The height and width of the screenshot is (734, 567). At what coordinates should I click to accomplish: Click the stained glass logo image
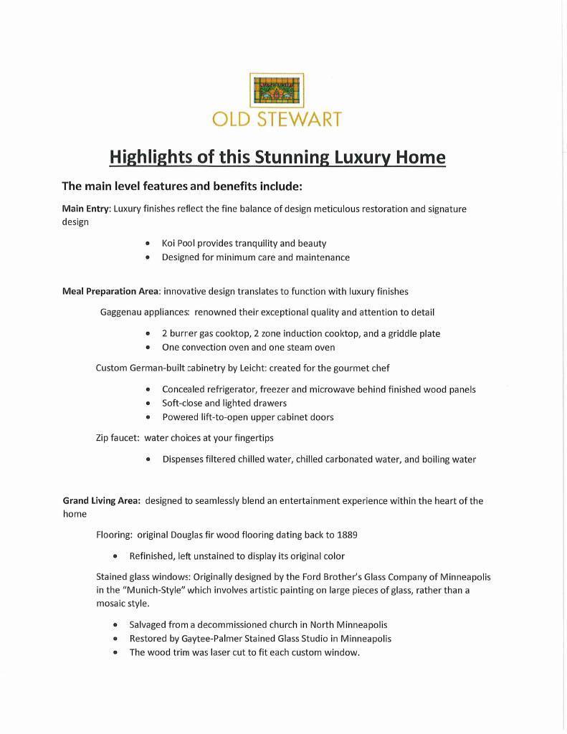(x=277, y=90)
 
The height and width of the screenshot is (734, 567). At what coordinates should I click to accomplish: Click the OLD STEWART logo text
(x=277, y=119)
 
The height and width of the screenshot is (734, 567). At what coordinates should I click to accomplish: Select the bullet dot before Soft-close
(x=148, y=404)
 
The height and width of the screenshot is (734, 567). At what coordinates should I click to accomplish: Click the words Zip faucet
(x=118, y=437)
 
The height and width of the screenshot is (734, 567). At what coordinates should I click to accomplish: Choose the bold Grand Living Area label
(x=101, y=500)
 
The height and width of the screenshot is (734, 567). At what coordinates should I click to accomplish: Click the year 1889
(x=347, y=535)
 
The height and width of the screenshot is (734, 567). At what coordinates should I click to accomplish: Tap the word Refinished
(x=151, y=556)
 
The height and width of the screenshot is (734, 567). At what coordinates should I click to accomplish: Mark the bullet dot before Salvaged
(x=115, y=625)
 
